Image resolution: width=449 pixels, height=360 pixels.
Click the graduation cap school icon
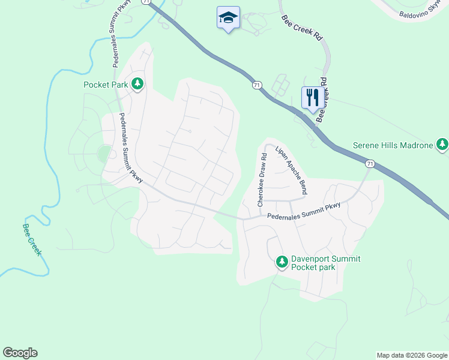coord(228,17)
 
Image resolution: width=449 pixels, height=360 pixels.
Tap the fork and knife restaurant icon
coord(312,98)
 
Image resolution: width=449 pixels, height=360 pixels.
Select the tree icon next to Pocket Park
coord(138,84)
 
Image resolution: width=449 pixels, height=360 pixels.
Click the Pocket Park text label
coord(106,85)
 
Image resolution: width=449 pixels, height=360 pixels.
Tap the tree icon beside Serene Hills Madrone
coord(442,145)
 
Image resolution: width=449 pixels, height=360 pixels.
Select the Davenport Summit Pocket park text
coord(313,263)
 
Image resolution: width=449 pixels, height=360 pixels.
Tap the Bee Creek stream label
coord(32,239)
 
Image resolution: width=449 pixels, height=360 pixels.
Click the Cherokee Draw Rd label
coord(262,180)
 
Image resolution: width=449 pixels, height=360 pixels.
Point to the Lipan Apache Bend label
coord(291,170)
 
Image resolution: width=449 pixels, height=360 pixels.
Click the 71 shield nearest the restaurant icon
coord(257,86)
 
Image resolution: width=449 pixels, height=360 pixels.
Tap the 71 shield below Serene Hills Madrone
coord(370,163)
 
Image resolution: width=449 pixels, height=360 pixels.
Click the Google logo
coord(20,353)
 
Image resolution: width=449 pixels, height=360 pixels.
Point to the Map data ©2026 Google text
coord(412,355)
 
